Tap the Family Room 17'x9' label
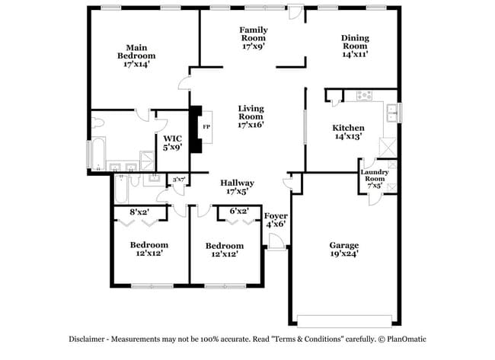[x=253, y=38]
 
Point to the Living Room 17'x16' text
[x=251, y=116]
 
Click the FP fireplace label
[x=206, y=126]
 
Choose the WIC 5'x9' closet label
[x=172, y=142]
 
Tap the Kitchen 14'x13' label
[x=348, y=132]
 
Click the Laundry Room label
[x=376, y=178]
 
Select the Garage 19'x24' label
[x=343, y=250]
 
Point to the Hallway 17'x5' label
[x=237, y=187]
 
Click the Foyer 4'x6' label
[x=276, y=220]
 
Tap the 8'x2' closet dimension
[x=139, y=212]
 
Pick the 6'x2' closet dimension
[x=239, y=212]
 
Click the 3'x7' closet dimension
[x=179, y=180]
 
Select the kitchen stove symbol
[x=362, y=96]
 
